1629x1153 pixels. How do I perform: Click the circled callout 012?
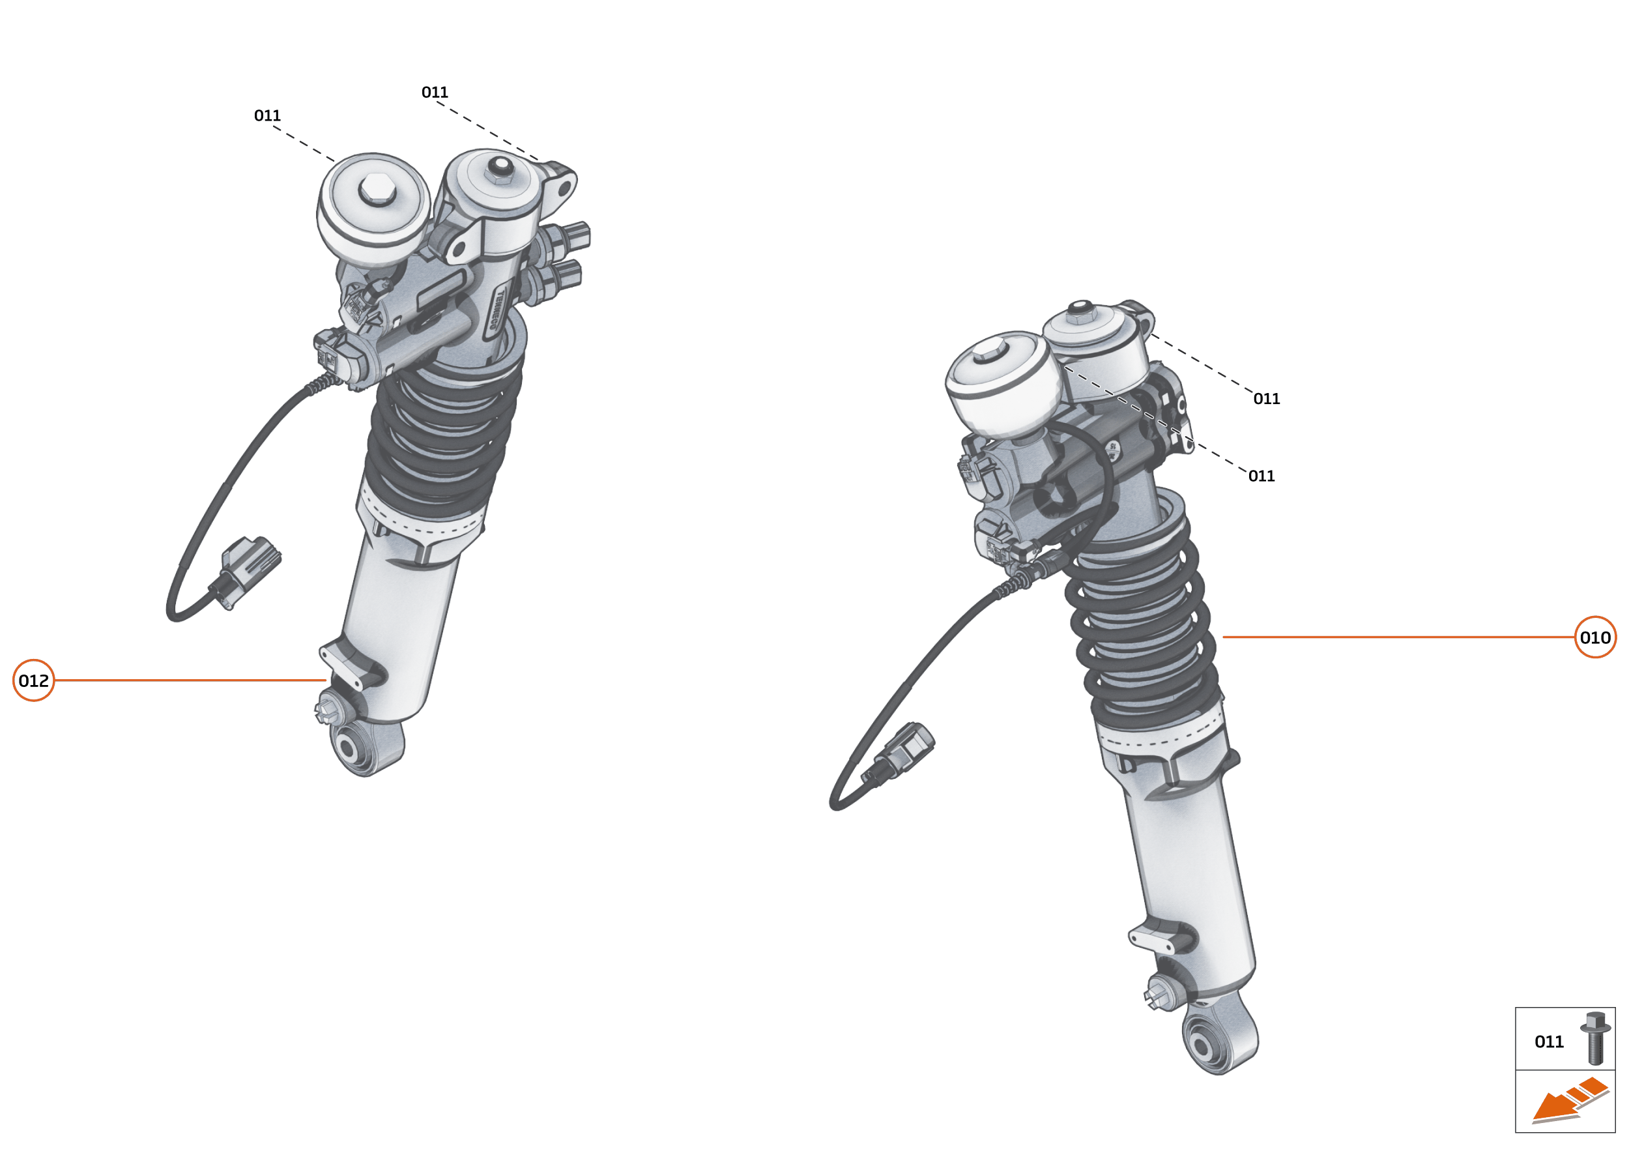point(33,680)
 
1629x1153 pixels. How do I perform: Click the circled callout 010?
point(1595,637)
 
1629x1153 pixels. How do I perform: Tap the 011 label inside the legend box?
point(1549,1042)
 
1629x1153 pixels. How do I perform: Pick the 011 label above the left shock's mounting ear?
point(435,92)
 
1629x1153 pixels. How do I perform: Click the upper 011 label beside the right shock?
point(1266,398)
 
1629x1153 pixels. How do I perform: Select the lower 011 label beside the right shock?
point(1261,476)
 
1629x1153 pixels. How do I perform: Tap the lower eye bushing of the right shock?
point(1202,1045)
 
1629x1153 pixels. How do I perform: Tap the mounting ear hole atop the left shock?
point(563,190)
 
